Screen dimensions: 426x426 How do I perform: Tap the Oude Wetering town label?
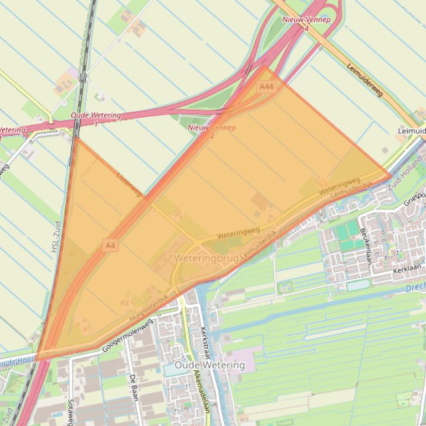209,365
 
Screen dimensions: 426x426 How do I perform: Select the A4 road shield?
110,245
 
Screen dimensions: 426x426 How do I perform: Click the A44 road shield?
266,87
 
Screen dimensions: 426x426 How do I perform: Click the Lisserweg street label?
129,184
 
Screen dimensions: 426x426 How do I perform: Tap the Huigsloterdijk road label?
148,309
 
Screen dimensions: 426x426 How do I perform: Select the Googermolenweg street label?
126,335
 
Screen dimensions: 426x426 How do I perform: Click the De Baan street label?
133,387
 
